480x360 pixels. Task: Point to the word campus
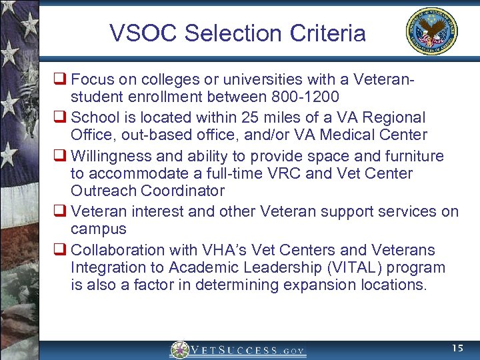pyautogui.click(x=98, y=229)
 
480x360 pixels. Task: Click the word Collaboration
pyautogui.click(x=116, y=250)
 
